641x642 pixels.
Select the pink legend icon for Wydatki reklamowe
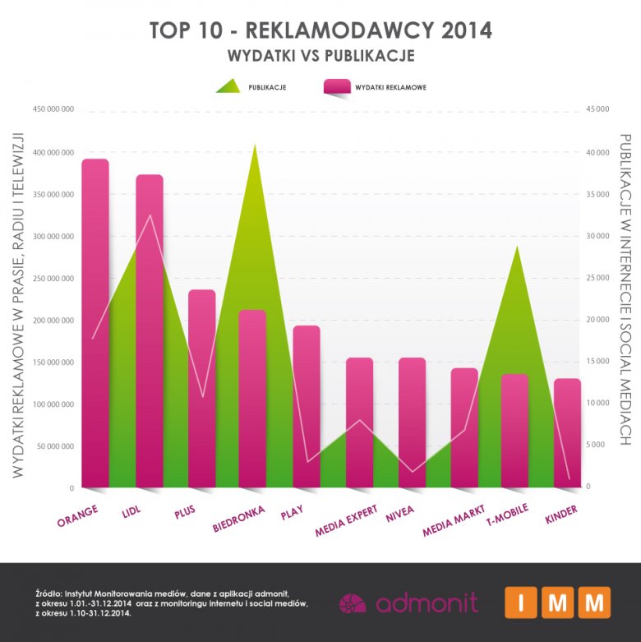[x=337, y=87]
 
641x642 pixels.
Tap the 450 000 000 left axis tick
[x=53, y=110]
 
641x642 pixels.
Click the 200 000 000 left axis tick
[x=53, y=320]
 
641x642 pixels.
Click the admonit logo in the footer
[x=408, y=603]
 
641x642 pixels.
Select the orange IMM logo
[x=557, y=603]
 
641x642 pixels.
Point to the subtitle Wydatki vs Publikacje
[x=320, y=56]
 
